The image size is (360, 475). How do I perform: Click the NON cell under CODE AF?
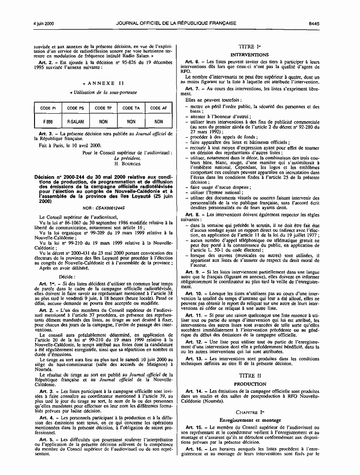(159, 122)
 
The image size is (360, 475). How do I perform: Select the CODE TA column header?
(131, 108)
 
